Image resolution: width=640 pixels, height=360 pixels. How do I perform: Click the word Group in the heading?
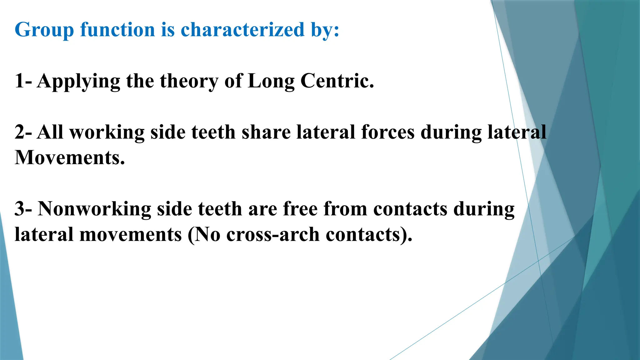click(44, 30)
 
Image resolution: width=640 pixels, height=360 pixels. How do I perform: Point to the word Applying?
click(78, 81)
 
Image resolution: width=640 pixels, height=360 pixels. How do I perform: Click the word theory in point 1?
click(189, 81)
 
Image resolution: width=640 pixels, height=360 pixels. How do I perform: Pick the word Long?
click(271, 81)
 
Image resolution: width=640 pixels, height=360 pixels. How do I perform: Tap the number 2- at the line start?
click(23, 132)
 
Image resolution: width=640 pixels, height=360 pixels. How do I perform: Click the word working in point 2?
click(107, 132)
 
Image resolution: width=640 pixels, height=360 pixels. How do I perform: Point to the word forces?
click(388, 132)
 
